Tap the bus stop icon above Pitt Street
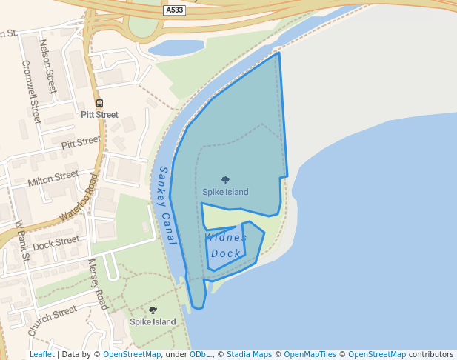100,103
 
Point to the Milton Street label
53,178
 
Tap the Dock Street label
56,241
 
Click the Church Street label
53,319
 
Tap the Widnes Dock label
226,245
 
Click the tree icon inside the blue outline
225,180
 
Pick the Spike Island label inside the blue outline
225,192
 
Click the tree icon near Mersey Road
153,310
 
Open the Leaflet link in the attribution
41,355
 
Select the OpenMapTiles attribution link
310,355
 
